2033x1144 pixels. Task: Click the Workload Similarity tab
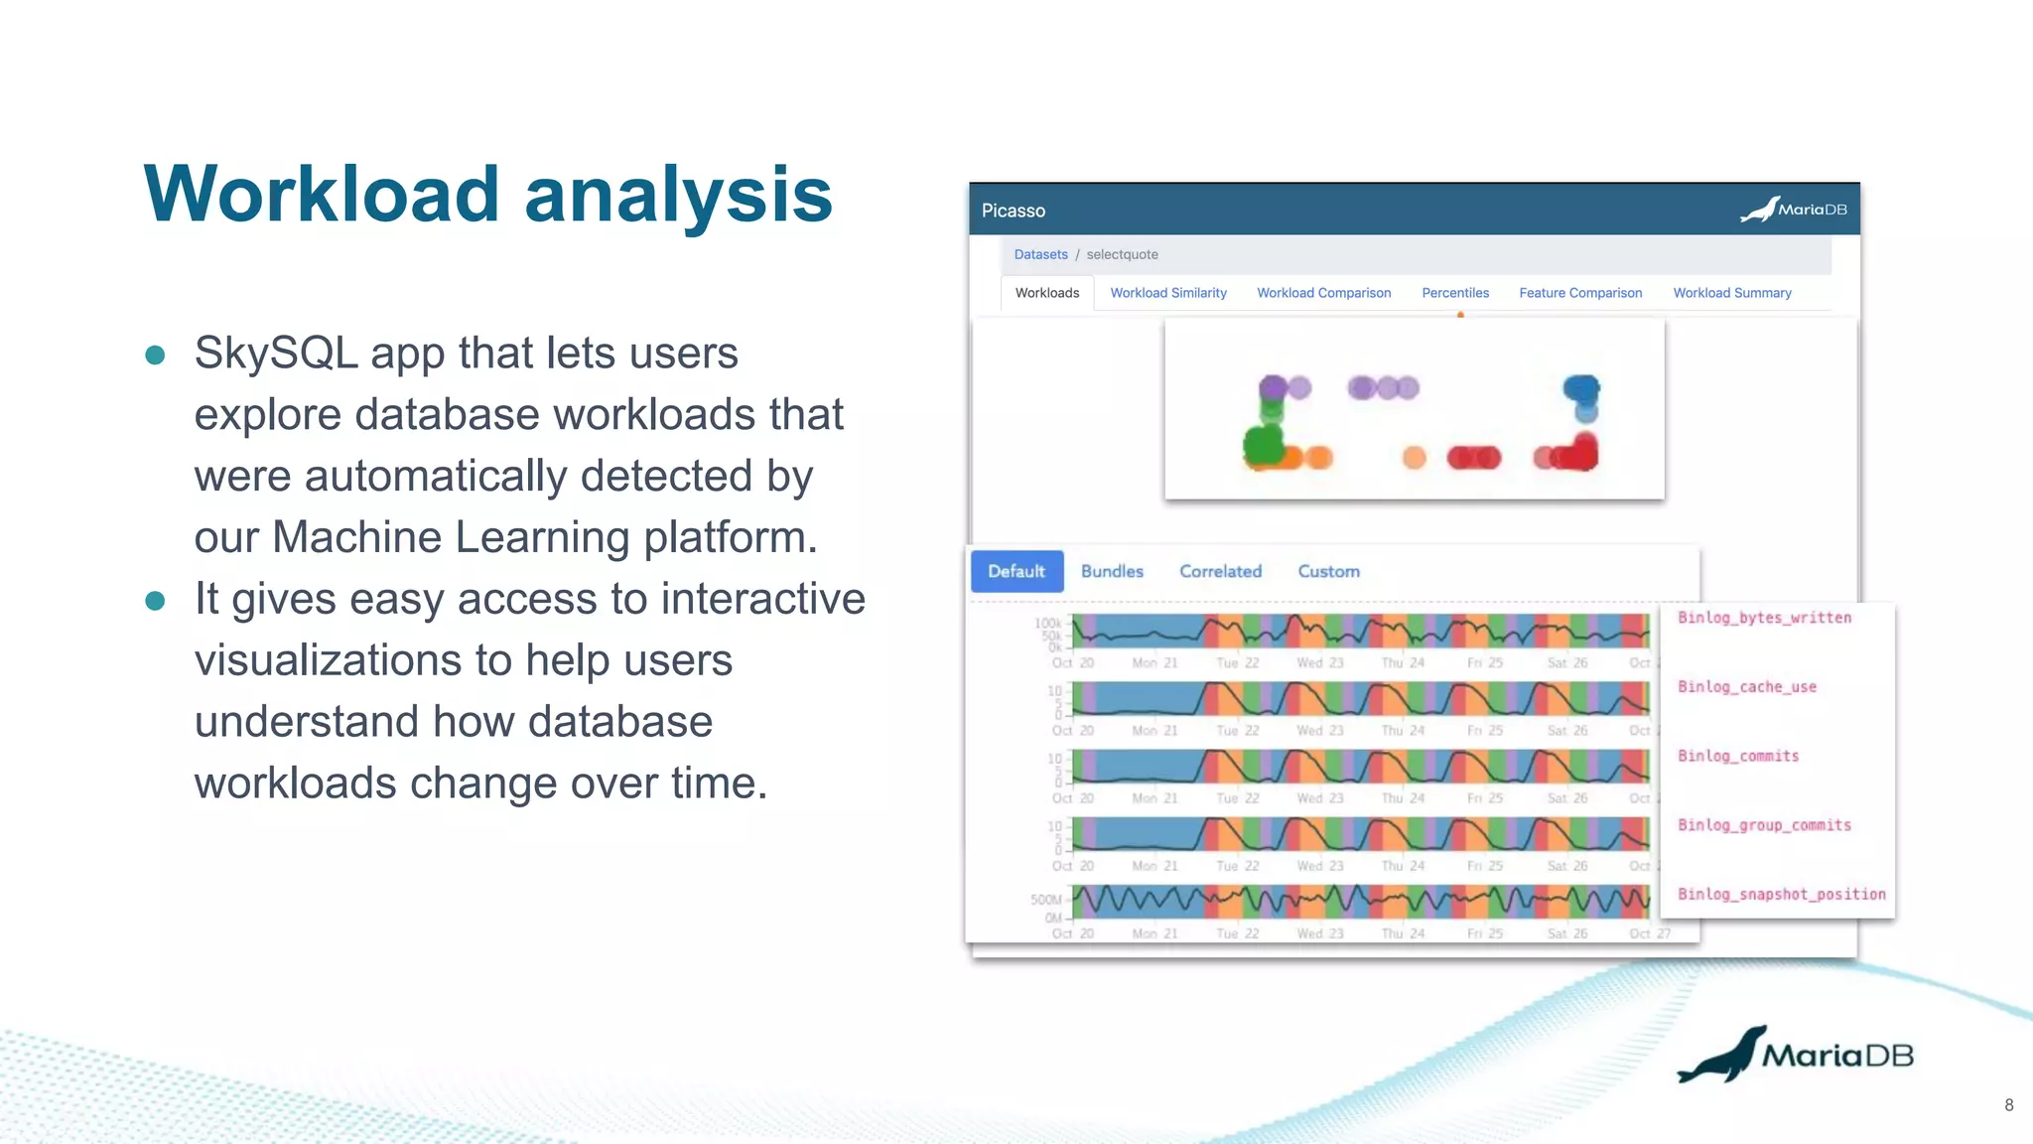[x=1167, y=293]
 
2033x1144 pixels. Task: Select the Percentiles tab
[x=1454, y=293]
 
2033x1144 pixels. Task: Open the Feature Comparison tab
[x=1579, y=293]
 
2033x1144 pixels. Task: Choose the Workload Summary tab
[x=1731, y=293]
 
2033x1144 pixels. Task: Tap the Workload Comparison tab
[x=1323, y=293]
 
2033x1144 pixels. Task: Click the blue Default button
[x=1016, y=571]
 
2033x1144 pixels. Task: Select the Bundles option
[x=1112, y=571]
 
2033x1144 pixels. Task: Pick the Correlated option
[x=1220, y=571]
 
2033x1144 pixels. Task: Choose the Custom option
[x=1328, y=571]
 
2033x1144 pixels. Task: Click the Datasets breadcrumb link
[x=1040, y=254]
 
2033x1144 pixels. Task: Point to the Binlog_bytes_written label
[x=1764, y=618]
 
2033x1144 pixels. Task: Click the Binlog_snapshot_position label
[x=1781, y=894]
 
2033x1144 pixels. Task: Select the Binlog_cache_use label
[x=1746, y=687]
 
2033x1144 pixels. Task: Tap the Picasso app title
[x=1013, y=211]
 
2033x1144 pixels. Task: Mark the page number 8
[x=2008, y=1105]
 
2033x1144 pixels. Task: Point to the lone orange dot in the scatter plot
[x=1414, y=458]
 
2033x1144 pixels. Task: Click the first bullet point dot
[x=155, y=355]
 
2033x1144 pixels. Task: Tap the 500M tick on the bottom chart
[x=1045, y=900]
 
